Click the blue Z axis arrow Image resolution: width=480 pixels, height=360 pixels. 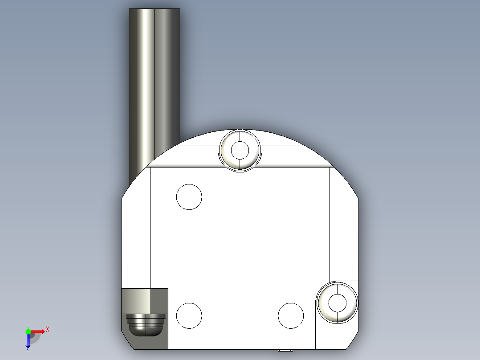pyautogui.click(x=28, y=341)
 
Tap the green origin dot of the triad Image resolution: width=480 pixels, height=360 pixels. pyautogui.click(x=28, y=331)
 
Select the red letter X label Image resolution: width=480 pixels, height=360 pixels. pyautogui.click(x=48, y=329)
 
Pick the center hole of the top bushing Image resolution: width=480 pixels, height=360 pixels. pyautogui.click(x=240, y=150)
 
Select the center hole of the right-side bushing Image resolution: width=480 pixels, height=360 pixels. pyautogui.click(x=337, y=303)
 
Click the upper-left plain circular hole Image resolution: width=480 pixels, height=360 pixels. pyautogui.click(x=189, y=196)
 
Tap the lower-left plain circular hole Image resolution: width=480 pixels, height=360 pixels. pyautogui.click(x=189, y=315)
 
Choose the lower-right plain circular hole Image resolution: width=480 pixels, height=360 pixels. pyautogui.click(x=291, y=315)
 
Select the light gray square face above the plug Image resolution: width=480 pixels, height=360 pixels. pyautogui.click(x=136, y=301)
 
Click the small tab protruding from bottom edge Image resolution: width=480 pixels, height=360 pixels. pyautogui.click(x=285, y=351)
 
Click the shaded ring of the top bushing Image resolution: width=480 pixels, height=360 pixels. pyautogui.click(x=228, y=156)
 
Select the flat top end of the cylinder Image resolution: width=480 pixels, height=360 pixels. pyautogui.click(x=154, y=9)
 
